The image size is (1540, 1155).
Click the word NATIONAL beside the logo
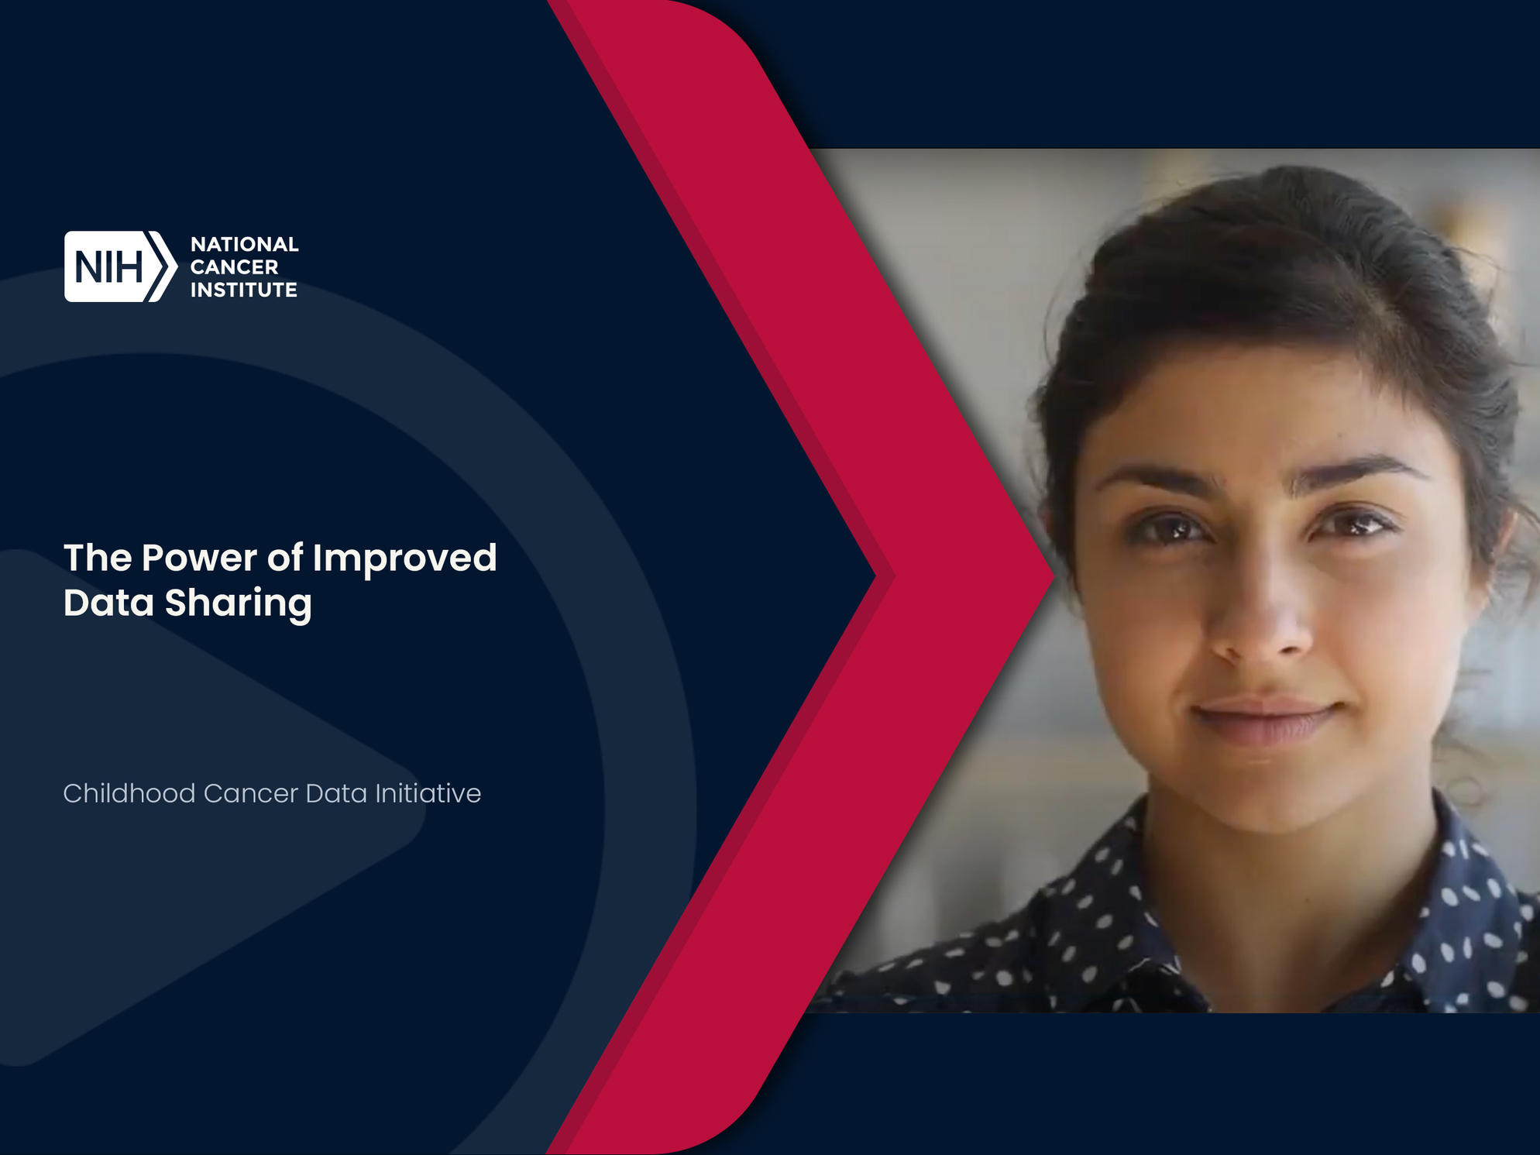(x=245, y=244)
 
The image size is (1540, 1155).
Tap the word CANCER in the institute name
(x=234, y=267)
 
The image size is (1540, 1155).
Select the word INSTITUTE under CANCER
(x=244, y=290)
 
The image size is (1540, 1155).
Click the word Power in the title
(x=199, y=558)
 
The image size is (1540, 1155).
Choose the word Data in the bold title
(x=108, y=603)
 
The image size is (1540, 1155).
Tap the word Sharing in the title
(x=239, y=605)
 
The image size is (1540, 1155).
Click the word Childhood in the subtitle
(x=129, y=793)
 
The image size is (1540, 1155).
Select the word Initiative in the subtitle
(x=428, y=793)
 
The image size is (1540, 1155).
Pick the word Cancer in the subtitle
(x=250, y=793)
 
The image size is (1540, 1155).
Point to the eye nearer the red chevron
(x=1170, y=528)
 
